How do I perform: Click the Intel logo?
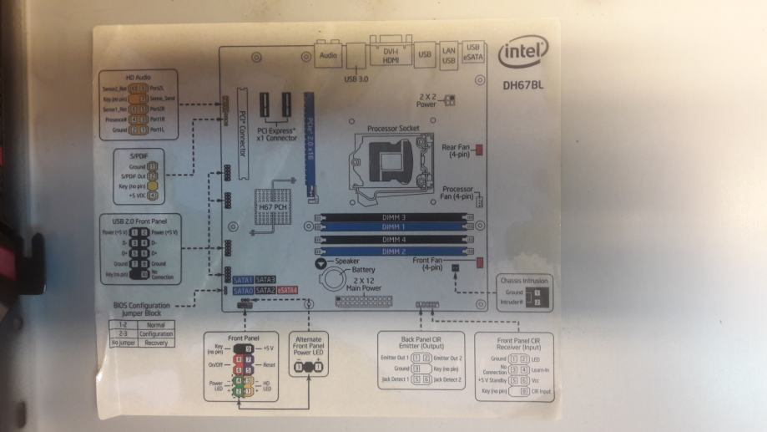point(522,54)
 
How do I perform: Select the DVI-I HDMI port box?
point(389,55)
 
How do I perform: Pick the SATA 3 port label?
point(265,279)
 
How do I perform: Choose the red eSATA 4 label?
point(287,290)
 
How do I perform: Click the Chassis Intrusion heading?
point(523,282)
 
